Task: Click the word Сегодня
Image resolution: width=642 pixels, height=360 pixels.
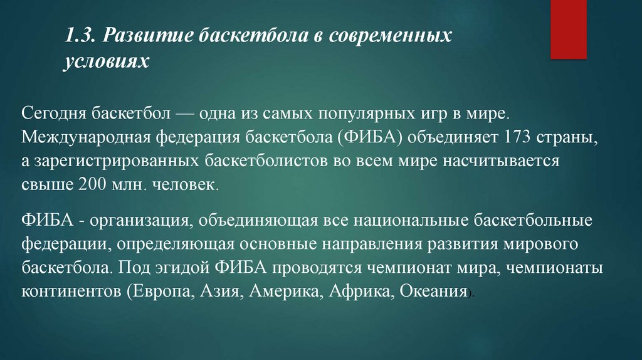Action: point(53,115)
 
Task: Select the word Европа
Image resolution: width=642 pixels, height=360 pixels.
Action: point(157,292)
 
